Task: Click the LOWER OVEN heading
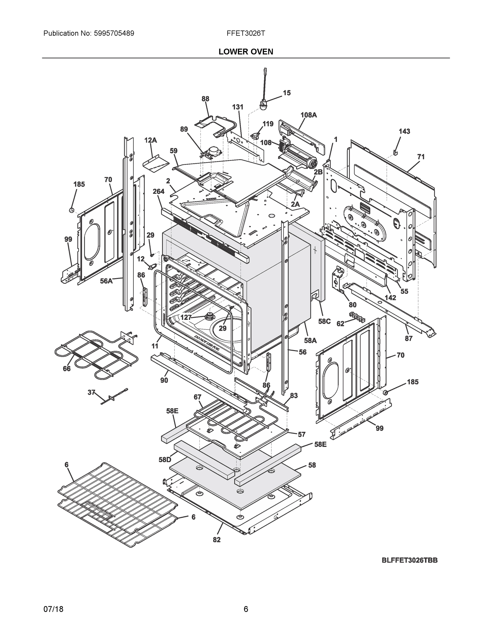(246, 52)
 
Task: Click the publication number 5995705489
(114, 33)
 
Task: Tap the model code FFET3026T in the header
(246, 33)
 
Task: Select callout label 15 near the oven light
(287, 93)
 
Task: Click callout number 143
(404, 132)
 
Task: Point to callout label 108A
(308, 115)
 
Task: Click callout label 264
(159, 191)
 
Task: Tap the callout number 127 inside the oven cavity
(186, 317)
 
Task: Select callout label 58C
(324, 321)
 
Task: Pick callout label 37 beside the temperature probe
(92, 392)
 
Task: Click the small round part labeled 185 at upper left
(71, 210)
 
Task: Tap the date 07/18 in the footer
(53, 609)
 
